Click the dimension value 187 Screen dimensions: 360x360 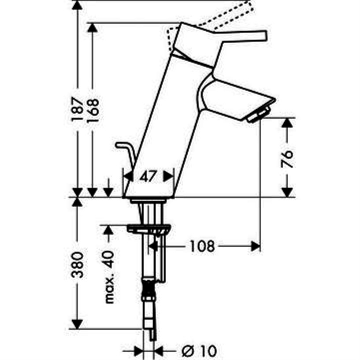click(77, 109)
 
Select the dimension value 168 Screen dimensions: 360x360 click(93, 109)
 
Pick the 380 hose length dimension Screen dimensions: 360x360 click(77, 264)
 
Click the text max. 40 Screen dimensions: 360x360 click(108, 276)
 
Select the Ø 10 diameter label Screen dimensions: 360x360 click(199, 351)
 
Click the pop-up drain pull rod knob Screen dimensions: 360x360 click(119, 144)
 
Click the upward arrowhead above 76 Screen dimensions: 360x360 click(287, 123)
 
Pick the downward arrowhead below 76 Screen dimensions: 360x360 click(287, 191)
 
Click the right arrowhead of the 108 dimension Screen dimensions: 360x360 click(255, 246)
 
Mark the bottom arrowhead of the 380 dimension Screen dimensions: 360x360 click(77, 323)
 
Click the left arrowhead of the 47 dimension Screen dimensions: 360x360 click(128, 176)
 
